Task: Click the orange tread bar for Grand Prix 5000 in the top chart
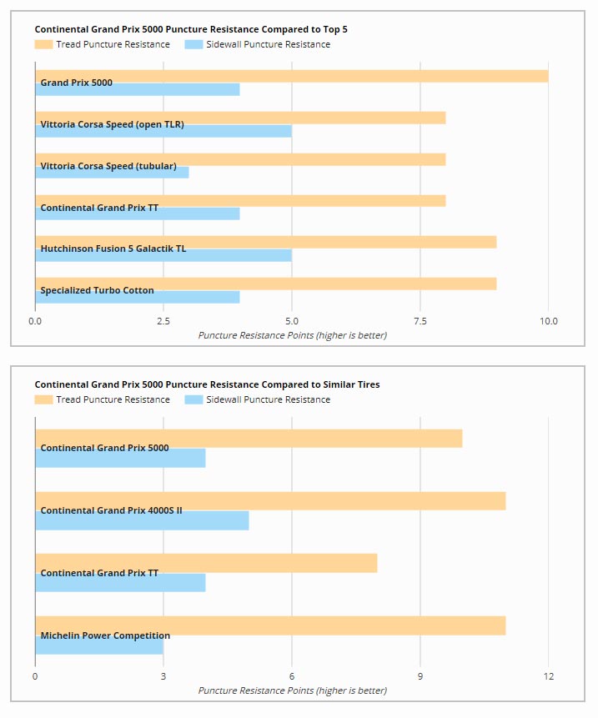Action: point(292,77)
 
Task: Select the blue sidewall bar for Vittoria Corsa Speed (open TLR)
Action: point(163,132)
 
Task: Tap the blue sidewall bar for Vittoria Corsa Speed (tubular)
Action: point(113,173)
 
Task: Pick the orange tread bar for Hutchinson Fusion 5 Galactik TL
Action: point(266,242)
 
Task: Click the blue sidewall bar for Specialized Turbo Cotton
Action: point(138,297)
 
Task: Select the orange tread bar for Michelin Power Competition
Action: point(270,625)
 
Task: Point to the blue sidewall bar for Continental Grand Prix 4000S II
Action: point(142,520)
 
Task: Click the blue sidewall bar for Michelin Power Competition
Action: point(99,645)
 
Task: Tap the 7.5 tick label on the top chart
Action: point(420,321)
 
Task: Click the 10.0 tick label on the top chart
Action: point(549,321)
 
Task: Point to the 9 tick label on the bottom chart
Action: point(420,676)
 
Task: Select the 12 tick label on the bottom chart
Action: point(549,676)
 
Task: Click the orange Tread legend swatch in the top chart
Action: point(43,44)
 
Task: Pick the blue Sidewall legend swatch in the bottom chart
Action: point(193,399)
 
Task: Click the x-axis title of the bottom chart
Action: point(293,690)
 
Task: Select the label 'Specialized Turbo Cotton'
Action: point(97,290)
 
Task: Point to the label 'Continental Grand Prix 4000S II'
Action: point(111,510)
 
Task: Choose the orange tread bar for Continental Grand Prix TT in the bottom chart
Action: point(206,563)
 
